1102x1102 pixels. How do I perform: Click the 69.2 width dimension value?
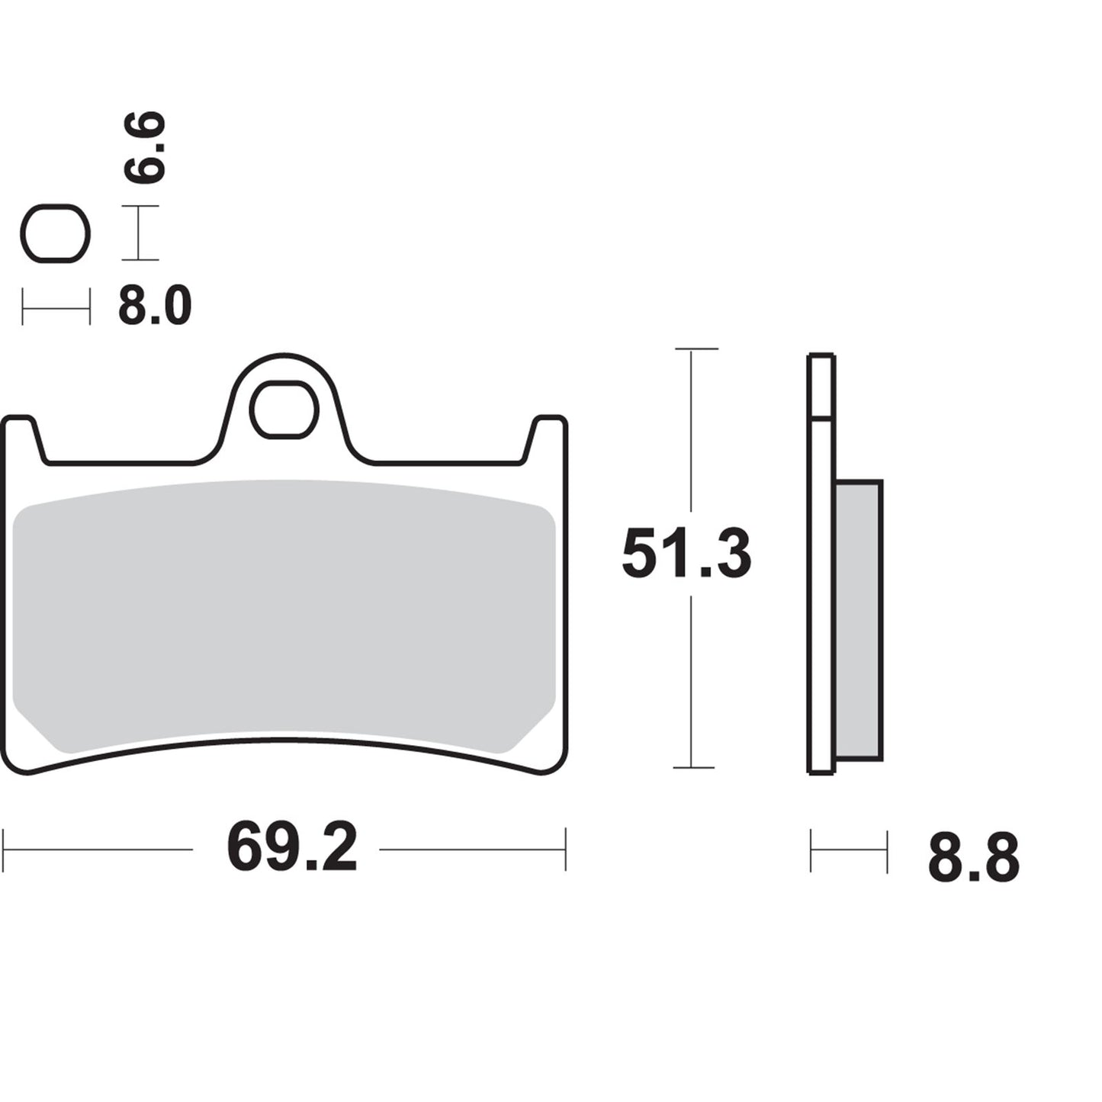(x=292, y=848)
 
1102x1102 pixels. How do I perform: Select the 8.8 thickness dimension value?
(x=973, y=858)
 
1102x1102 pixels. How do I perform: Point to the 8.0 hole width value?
(x=154, y=307)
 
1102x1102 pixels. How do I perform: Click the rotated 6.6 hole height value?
(x=145, y=147)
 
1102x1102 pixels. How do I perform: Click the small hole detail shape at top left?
(x=55, y=233)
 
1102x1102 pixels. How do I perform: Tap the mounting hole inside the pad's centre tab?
(x=284, y=410)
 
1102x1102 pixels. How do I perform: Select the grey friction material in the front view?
(x=284, y=610)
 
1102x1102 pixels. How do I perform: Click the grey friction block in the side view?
(x=859, y=619)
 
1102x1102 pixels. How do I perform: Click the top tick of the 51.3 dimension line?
(x=696, y=349)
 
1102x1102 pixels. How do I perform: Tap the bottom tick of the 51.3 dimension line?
(x=693, y=767)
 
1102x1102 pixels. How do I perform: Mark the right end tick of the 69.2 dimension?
(x=565, y=849)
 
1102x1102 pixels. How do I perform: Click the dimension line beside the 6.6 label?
(x=140, y=233)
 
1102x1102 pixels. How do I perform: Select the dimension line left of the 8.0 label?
(x=56, y=307)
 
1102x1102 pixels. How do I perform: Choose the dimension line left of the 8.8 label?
(x=849, y=851)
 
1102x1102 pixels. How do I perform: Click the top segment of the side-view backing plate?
(x=821, y=386)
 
